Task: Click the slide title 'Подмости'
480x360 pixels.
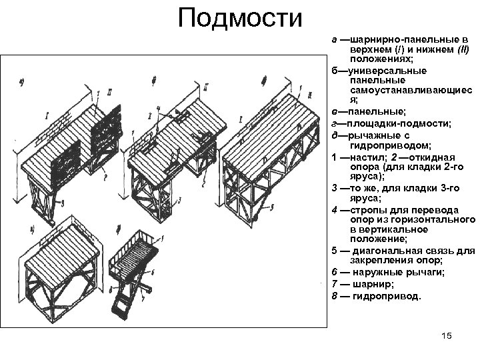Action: [x=239, y=18]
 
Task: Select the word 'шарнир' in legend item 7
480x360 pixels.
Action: [x=371, y=283]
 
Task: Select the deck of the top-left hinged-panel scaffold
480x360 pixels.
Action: [x=67, y=143]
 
